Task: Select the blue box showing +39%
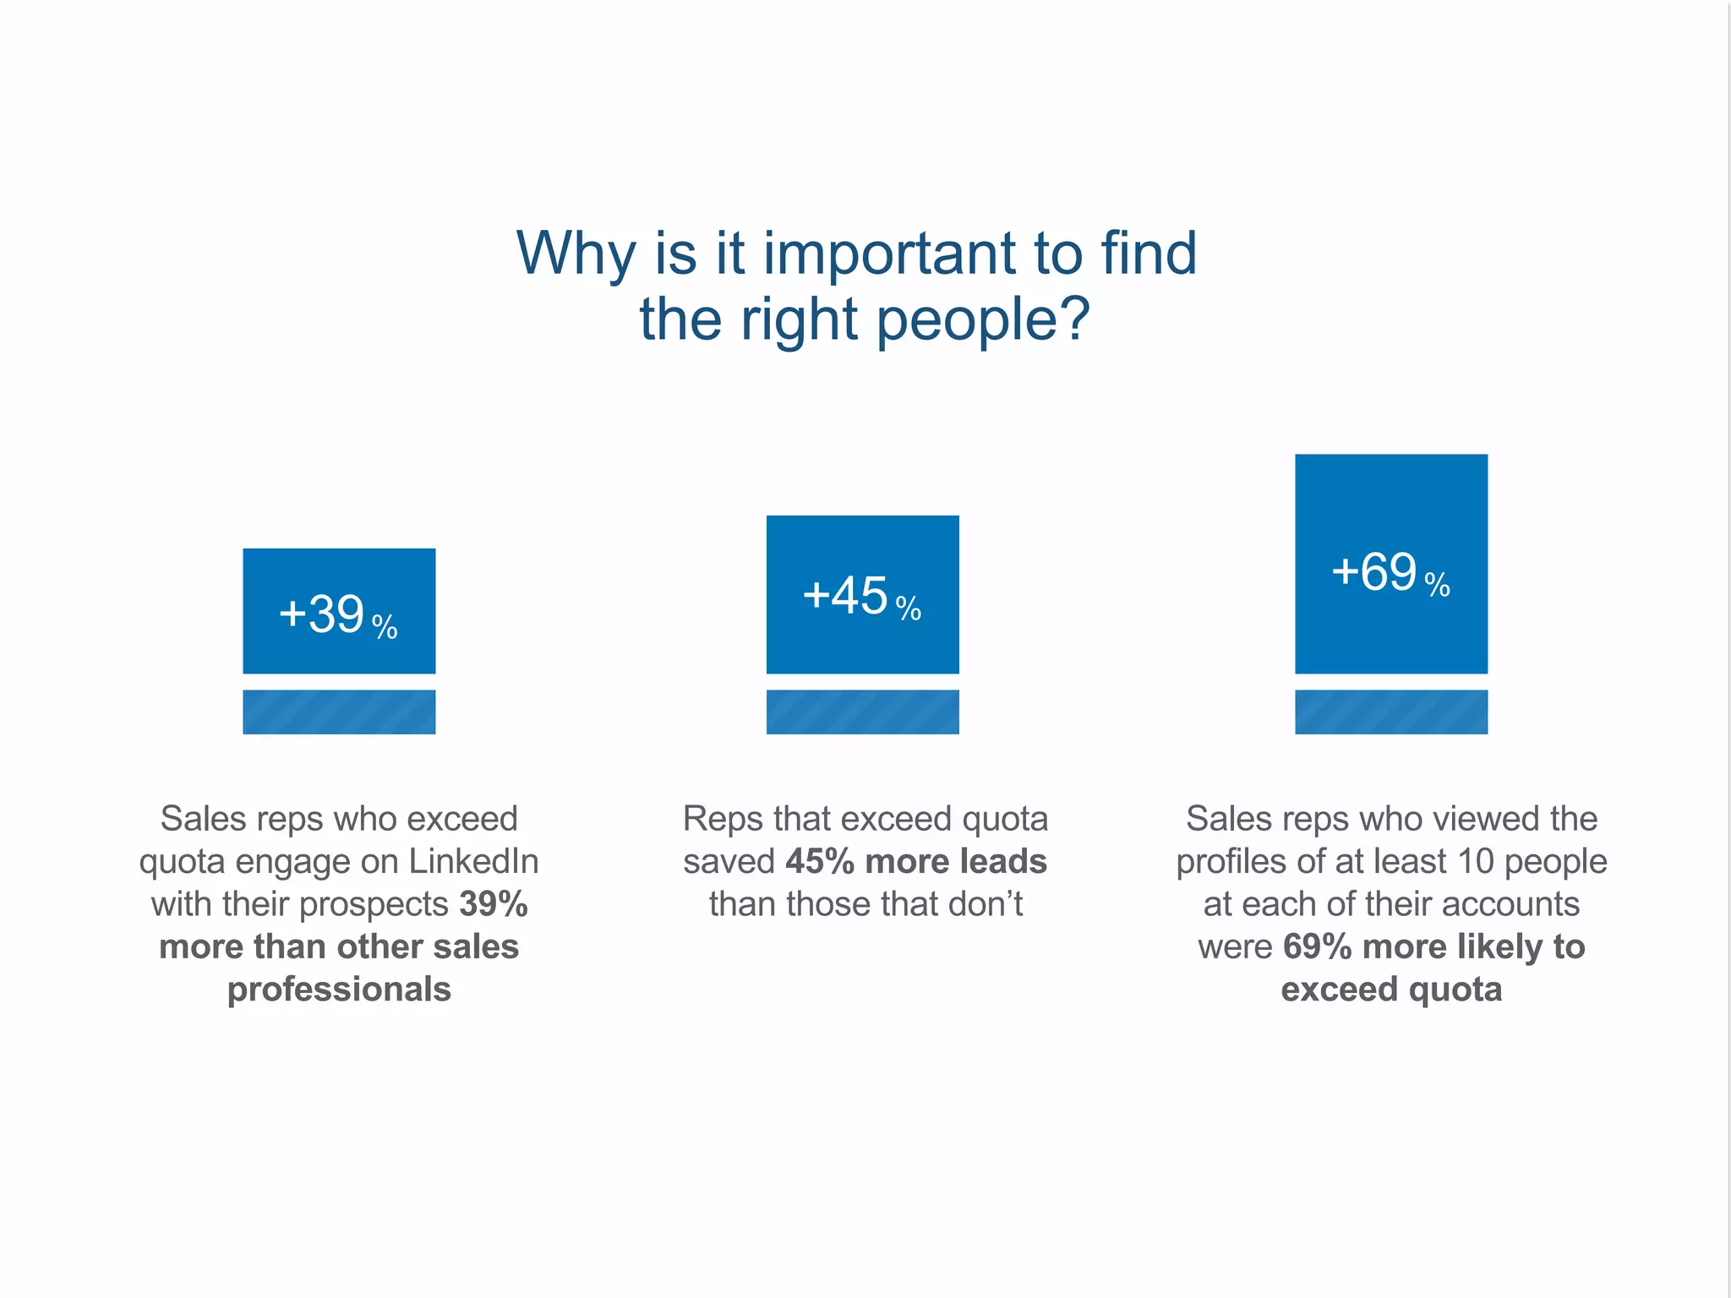pyautogui.click(x=339, y=611)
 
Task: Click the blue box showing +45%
pyautogui.click(x=862, y=594)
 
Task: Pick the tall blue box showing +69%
pyautogui.click(x=1390, y=564)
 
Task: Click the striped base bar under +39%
pyautogui.click(x=339, y=712)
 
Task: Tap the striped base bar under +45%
pyautogui.click(x=862, y=712)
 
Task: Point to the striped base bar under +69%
pyautogui.click(x=1390, y=712)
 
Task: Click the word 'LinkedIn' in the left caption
pyautogui.click(x=473, y=861)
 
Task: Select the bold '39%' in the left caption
pyautogui.click(x=494, y=904)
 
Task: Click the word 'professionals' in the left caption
pyautogui.click(x=339, y=990)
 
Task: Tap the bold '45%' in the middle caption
pyautogui.click(x=820, y=861)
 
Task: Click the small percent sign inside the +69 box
pyautogui.click(x=1437, y=584)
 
